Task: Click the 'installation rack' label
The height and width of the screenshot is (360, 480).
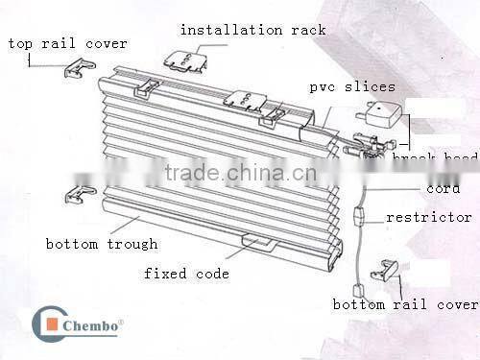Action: click(x=252, y=30)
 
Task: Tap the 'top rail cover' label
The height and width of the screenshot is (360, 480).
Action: click(x=67, y=43)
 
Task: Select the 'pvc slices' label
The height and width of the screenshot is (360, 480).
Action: click(x=351, y=86)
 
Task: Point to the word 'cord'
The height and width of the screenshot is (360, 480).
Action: click(x=443, y=189)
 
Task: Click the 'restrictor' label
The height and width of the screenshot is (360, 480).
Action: click(x=428, y=218)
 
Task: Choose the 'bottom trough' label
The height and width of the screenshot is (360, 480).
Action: click(x=101, y=244)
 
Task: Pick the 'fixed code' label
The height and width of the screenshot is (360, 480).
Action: click(x=186, y=274)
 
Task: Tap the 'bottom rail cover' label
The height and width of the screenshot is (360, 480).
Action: click(x=404, y=304)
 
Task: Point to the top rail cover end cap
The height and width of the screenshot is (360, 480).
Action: click(x=78, y=68)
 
